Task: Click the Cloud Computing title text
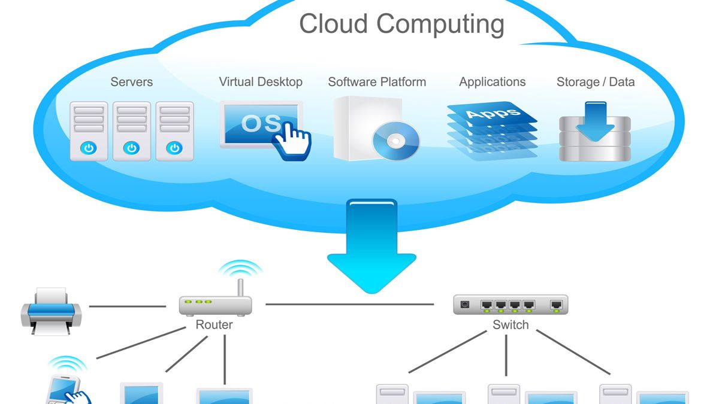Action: (x=401, y=25)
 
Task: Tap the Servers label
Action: (x=132, y=82)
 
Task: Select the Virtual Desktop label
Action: (x=261, y=82)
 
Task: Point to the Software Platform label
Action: (x=377, y=82)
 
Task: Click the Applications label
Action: (x=492, y=82)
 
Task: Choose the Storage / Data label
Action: (x=595, y=82)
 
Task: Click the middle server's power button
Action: (x=132, y=148)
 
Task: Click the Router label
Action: (x=214, y=325)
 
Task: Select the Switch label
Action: (x=510, y=325)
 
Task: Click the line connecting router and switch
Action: (x=351, y=304)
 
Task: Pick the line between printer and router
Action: (x=127, y=306)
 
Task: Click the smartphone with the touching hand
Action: (x=66, y=389)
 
